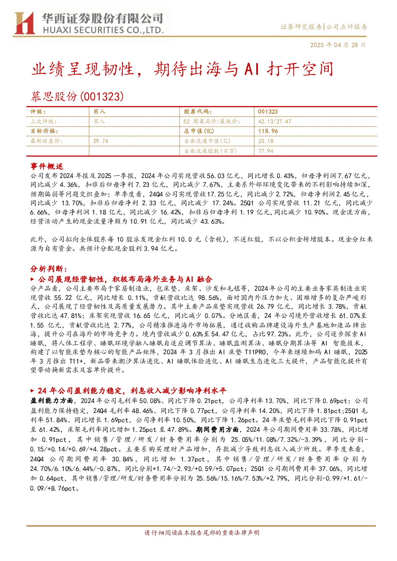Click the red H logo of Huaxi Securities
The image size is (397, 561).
(x=24, y=23)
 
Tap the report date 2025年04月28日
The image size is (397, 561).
(x=337, y=45)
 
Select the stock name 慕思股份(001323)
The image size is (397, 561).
(x=77, y=96)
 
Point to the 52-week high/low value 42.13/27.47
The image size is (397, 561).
(x=274, y=122)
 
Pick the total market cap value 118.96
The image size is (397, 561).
(x=268, y=131)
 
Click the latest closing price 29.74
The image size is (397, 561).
(x=101, y=141)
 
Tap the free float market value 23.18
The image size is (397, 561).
(x=266, y=141)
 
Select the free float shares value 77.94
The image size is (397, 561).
(x=266, y=151)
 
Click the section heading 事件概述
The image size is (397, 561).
(x=47, y=166)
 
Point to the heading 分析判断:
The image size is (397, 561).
(x=49, y=269)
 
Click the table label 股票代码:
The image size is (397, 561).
(x=198, y=112)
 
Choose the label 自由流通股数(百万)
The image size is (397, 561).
(x=210, y=151)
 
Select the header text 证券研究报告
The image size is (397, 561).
(x=301, y=27)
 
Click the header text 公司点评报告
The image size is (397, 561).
(x=346, y=27)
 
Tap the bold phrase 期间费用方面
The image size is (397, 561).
(x=217, y=430)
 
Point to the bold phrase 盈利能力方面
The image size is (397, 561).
(x=52, y=401)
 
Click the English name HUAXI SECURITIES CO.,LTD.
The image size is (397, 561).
(x=103, y=30)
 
